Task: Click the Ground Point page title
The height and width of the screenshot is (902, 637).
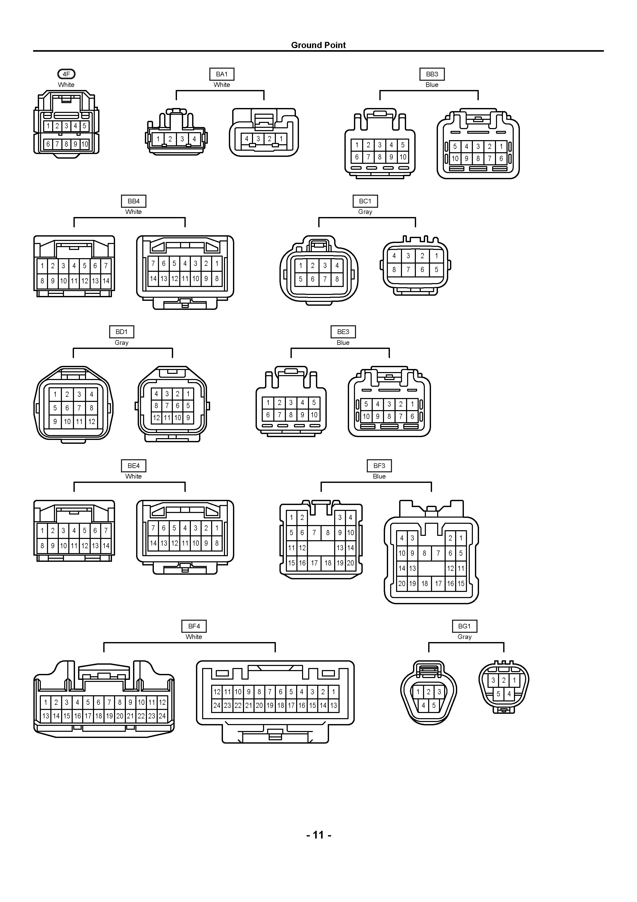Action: [318, 45]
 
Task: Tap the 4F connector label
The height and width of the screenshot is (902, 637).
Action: [66, 74]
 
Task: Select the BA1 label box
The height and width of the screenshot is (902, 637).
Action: [222, 74]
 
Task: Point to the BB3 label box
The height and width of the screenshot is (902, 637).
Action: [432, 74]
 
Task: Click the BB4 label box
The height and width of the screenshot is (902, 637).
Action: [134, 201]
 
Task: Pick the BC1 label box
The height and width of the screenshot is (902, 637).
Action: [365, 201]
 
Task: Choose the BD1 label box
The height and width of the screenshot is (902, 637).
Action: [122, 332]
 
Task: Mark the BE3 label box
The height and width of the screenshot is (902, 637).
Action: [343, 332]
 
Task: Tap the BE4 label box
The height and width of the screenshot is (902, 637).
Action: [134, 466]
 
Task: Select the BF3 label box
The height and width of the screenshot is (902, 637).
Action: [379, 466]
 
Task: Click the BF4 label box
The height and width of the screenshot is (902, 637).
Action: [194, 626]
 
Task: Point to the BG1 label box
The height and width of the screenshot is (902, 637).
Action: [464, 626]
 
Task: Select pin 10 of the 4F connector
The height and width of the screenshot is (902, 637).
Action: [85, 144]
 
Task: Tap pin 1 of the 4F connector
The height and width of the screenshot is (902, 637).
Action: [48, 126]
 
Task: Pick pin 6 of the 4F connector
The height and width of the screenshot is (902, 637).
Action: [48, 144]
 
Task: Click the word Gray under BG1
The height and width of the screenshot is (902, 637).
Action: [464, 637]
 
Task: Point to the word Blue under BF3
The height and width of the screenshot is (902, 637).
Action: [379, 476]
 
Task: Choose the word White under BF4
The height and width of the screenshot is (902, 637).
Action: [194, 637]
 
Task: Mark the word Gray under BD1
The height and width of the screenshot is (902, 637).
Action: [122, 342]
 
